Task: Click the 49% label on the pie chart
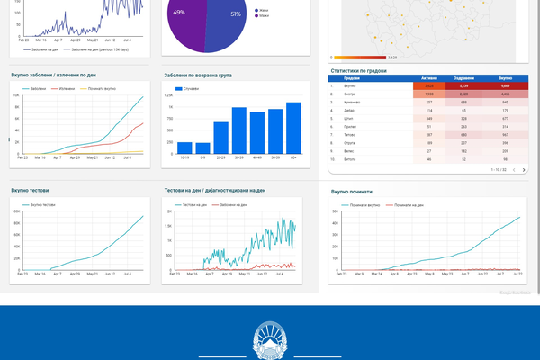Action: coord(179,13)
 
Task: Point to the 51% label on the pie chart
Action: coord(236,14)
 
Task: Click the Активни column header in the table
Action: coord(428,77)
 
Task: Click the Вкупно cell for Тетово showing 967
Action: coord(506,134)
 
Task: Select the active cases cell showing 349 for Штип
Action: coord(428,118)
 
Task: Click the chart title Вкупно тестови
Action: coord(31,191)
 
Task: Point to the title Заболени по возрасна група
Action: coord(198,76)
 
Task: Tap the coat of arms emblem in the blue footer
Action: coord(270,340)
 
